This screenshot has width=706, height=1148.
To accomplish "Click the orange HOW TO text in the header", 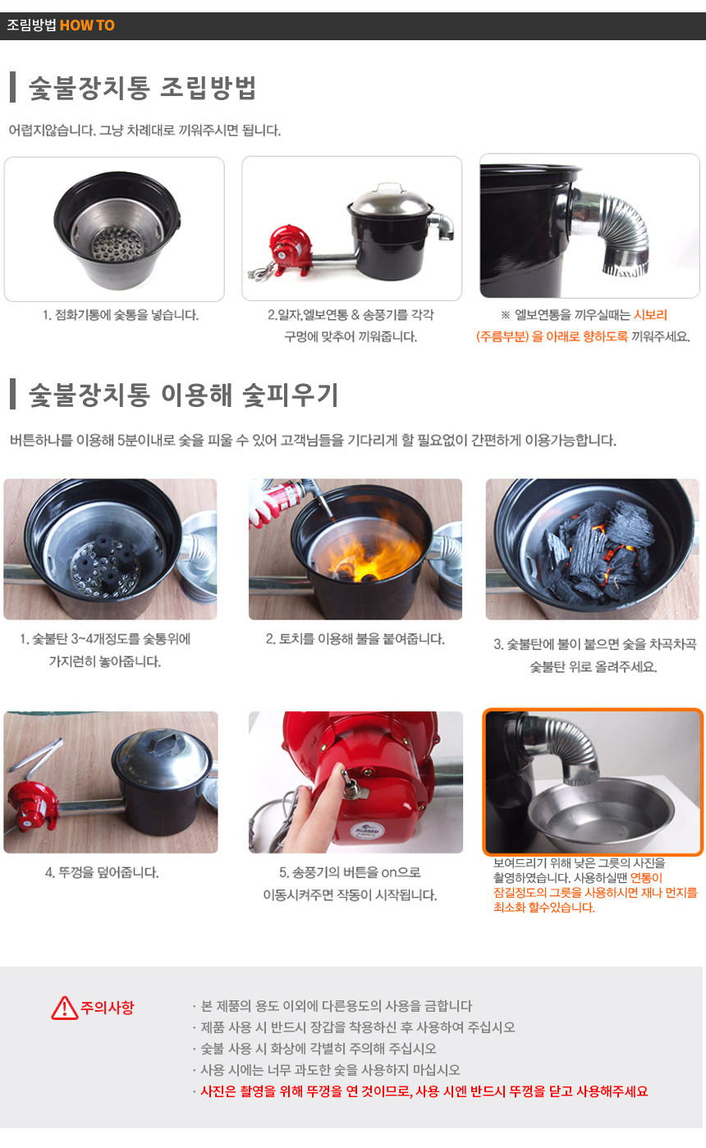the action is [x=87, y=25].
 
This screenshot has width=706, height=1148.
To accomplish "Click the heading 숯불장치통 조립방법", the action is [x=142, y=88].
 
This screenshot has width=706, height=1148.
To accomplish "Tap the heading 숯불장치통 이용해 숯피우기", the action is [x=184, y=396].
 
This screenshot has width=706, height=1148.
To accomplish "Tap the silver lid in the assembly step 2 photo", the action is [x=390, y=200].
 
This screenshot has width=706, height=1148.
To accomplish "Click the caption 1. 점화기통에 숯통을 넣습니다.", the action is [x=121, y=314].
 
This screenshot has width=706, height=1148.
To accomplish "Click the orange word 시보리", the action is [x=650, y=314].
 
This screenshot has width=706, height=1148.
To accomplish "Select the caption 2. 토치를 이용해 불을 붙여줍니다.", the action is [x=355, y=638].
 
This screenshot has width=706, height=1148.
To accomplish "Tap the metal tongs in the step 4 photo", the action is [x=36, y=756].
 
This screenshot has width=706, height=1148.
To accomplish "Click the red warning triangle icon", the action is [x=65, y=1008].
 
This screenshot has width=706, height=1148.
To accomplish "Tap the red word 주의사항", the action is [x=108, y=1008].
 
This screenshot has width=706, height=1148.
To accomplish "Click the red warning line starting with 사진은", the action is [x=424, y=1091].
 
